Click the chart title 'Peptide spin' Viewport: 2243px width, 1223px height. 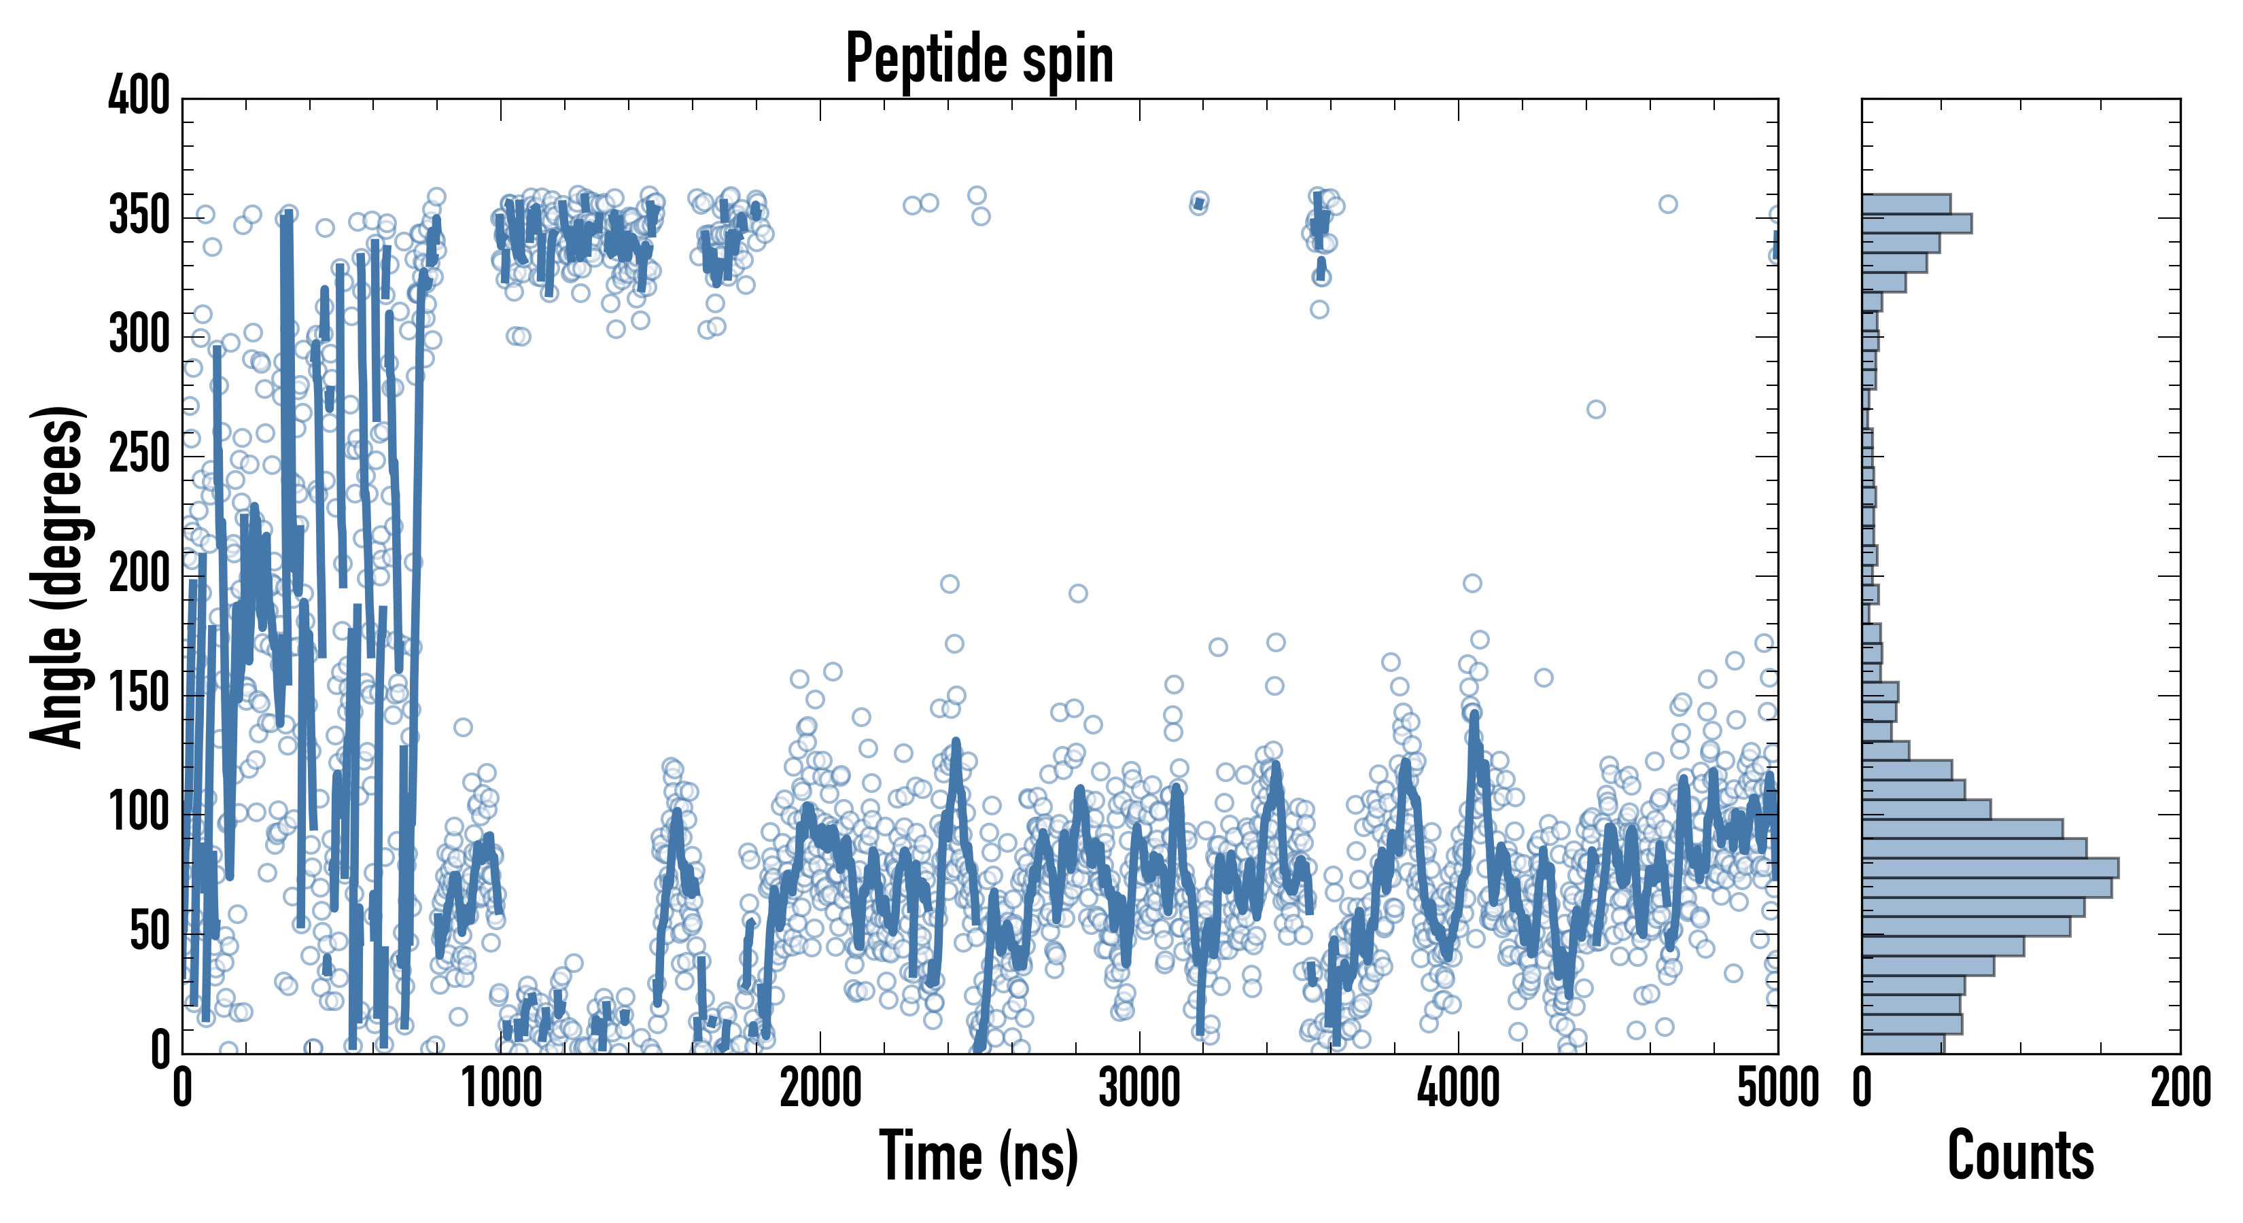(x=979, y=58)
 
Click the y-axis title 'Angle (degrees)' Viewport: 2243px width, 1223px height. (x=58, y=576)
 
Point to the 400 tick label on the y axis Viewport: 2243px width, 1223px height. (x=139, y=96)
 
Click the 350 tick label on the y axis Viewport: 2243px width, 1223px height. (x=139, y=217)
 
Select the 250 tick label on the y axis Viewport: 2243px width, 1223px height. (x=139, y=455)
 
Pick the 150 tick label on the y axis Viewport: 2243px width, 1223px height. (x=139, y=694)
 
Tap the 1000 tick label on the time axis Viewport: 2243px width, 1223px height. (x=502, y=1088)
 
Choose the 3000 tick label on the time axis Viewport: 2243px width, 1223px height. (x=1139, y=1088)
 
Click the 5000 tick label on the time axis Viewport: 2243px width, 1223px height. (x=1777, y=1088)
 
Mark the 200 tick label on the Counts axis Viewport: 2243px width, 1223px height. (x=2179, y=1088)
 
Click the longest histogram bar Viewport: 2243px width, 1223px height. (x=1989, y=868)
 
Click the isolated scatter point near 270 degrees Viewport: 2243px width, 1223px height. (x=1595, y=409)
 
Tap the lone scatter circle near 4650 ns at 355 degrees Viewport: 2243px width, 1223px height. (x=1667, y=205)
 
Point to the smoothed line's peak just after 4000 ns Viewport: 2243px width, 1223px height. (x=1474, y=715)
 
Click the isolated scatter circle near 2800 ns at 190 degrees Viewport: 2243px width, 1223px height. (x=1078, y=594)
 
